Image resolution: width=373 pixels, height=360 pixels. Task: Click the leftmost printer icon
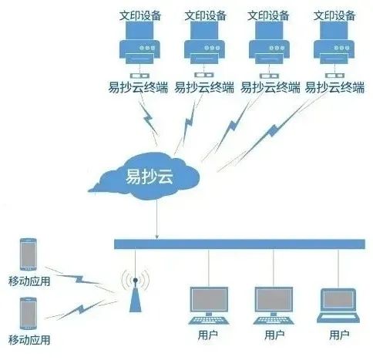pos(139,42)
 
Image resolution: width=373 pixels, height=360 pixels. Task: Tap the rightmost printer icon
pos(334,42)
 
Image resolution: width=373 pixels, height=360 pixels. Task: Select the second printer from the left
pos(204,42)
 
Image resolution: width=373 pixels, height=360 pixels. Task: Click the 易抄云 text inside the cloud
pos(150,177)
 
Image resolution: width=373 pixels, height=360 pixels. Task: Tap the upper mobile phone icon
pos(29,254)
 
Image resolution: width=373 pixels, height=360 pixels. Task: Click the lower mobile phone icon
pos(29,314)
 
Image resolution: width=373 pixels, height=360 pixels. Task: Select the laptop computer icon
pos(338,305)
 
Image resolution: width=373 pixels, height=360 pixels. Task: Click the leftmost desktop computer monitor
pos(209,299)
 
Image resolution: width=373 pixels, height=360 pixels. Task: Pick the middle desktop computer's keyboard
pos(274,321)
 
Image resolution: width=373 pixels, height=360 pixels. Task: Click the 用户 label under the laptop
pos(339,335)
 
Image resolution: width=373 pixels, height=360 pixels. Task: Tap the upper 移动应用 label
pos(29,281)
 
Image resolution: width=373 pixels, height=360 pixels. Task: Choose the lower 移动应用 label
pos(29,340)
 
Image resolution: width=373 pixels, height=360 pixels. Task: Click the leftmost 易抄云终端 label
pos(138,87)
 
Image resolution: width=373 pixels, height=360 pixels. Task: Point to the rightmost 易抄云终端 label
pos(334,87)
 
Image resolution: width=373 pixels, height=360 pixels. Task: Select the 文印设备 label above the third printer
pos(268,15)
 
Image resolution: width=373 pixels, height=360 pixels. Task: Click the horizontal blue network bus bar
pos(240,244)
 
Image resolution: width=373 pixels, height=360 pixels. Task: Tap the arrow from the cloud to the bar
pos(157,219)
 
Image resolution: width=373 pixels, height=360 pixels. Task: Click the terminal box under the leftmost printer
pos(139,76)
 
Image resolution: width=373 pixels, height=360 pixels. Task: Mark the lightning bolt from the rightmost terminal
pos(273,131)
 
